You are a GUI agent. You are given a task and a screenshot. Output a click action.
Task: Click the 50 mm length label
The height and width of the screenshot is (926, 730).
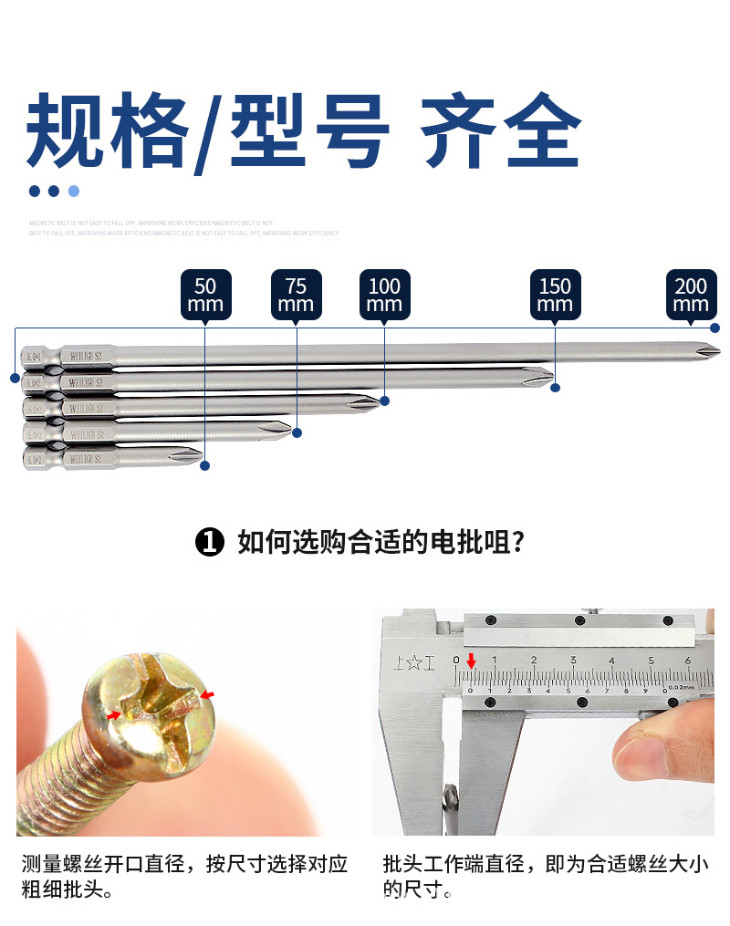(x=205, y=295)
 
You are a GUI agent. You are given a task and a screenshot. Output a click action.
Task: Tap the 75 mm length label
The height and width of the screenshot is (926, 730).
(x=297, y=295)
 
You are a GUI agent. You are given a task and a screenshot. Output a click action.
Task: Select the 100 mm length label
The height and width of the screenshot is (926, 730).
(x=384, y=295)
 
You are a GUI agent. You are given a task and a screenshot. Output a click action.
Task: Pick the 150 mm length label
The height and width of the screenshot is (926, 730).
(x=555, y=295)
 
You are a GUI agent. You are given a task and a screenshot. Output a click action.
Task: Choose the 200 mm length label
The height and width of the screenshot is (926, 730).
(x=691, y=295)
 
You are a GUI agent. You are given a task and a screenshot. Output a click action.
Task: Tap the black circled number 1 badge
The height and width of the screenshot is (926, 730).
(x=210, y=543)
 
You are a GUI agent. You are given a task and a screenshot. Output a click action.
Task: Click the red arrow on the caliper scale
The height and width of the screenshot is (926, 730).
(x=471, y=661)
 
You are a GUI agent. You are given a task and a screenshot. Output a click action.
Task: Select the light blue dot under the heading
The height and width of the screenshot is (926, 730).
(x=74, y=191)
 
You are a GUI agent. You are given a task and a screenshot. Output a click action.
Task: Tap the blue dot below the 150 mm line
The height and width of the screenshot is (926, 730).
(x=555, y=388)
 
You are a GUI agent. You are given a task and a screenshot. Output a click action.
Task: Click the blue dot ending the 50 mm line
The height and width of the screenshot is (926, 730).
(x=205, y=465)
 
